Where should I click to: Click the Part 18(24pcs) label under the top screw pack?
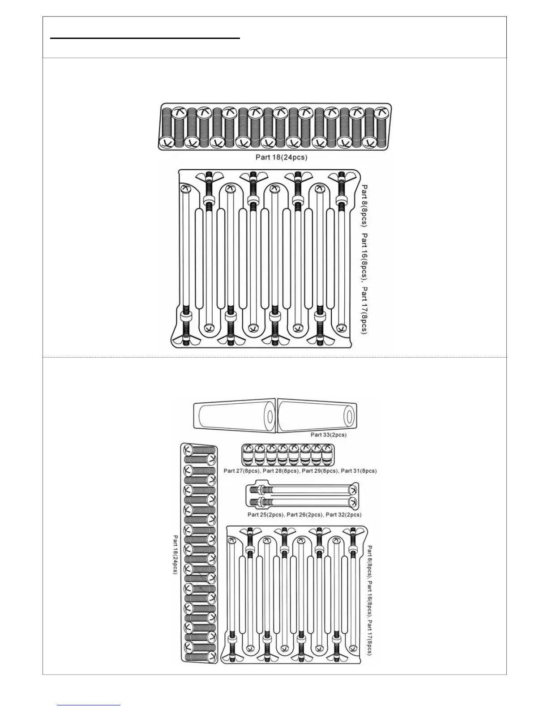(x=281, y=157)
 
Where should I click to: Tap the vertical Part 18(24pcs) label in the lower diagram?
(x=176, y=555)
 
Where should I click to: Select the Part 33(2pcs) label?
(x=328, y=435)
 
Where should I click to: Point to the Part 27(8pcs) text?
(x=242, y=471)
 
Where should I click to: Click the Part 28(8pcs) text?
(x=281, y=471)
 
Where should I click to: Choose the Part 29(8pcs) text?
(x=320, y=471)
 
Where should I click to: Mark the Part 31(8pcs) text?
(x=359, y=471)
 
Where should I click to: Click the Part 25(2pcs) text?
(x=265, y=515)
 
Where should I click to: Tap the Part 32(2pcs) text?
(x=343, y=515)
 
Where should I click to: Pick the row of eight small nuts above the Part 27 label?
(x=288, y=455)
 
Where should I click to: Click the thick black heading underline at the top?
(x=145, y=38)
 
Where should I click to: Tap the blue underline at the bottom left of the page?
(x=89, y=705)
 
